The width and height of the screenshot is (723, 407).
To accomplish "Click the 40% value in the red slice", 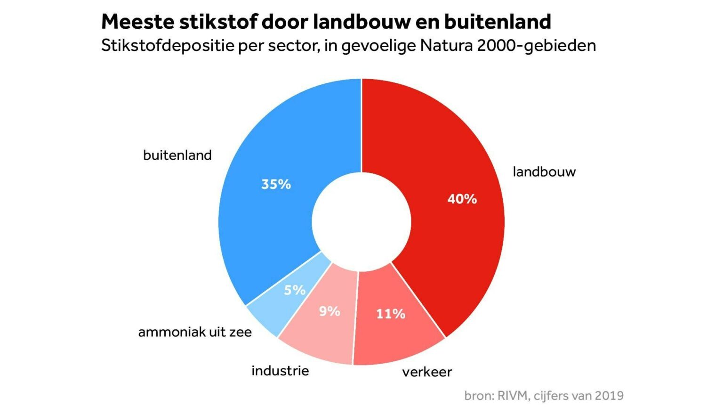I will tap(462, 199).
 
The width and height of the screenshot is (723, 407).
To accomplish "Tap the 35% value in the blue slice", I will tap(276, 184).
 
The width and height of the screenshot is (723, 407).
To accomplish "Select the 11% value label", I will tap(390, 314).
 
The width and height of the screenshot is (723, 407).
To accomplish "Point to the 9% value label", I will tap(329, 311).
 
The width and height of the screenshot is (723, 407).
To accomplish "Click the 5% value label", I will tap(294, 290).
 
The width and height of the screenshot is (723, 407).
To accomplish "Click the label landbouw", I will tap(544, 171).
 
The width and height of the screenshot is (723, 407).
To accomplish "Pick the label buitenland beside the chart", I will tap(177, 155).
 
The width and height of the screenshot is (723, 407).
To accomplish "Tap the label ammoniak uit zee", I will tap(195, 332).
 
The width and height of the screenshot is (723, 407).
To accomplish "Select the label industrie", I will tap(280, 371).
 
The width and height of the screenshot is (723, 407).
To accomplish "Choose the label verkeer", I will tap(427, 372).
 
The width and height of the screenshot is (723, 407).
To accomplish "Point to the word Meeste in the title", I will tap(137, 22).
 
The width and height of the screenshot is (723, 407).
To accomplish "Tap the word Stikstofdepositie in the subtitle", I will tap(167, 46).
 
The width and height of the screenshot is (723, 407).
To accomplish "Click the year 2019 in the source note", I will tap(609, 396).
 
